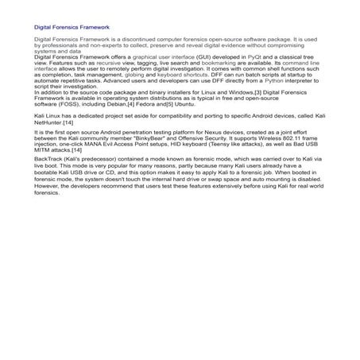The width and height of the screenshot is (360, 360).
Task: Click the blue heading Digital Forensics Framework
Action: point(72,27)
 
